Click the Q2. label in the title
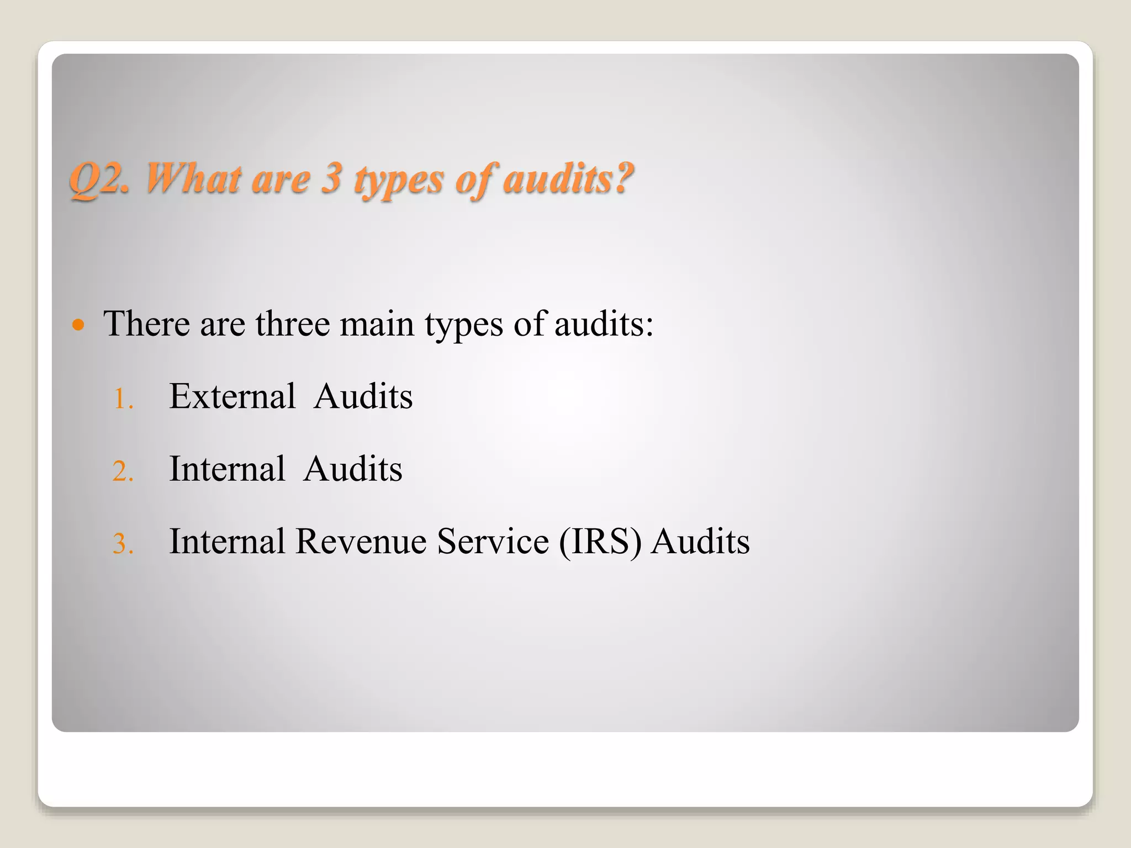coord(99,179)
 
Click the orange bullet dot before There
coord(79,324)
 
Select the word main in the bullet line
coord(377,324)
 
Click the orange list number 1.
coord(123,399)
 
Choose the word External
coord(232,396)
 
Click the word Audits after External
coord(363,396)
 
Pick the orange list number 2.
coord(123,471)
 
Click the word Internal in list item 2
coord(227,469)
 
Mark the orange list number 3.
coord(123,544)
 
